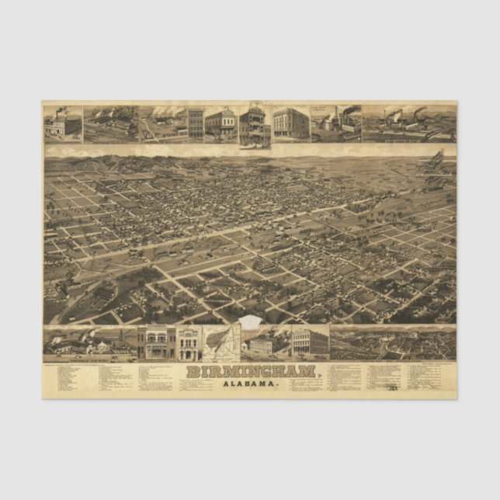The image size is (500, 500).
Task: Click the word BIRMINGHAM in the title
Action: [x=250, y=372]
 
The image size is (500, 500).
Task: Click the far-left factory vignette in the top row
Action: [x=63, y=123]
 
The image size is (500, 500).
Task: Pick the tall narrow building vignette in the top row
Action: [x=195, y=123]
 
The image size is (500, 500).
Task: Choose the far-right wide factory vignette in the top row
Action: [x=408, y=123]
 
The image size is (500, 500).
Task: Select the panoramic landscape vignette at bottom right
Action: [x=393, y=342]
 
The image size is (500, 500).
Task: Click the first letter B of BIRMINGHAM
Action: [x=192, y=372]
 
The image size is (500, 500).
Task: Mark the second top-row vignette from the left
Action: [x=111, y=123]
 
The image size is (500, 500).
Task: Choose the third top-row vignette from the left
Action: [x=162, y=123]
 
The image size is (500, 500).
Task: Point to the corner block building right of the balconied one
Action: [x=290, y=123]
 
